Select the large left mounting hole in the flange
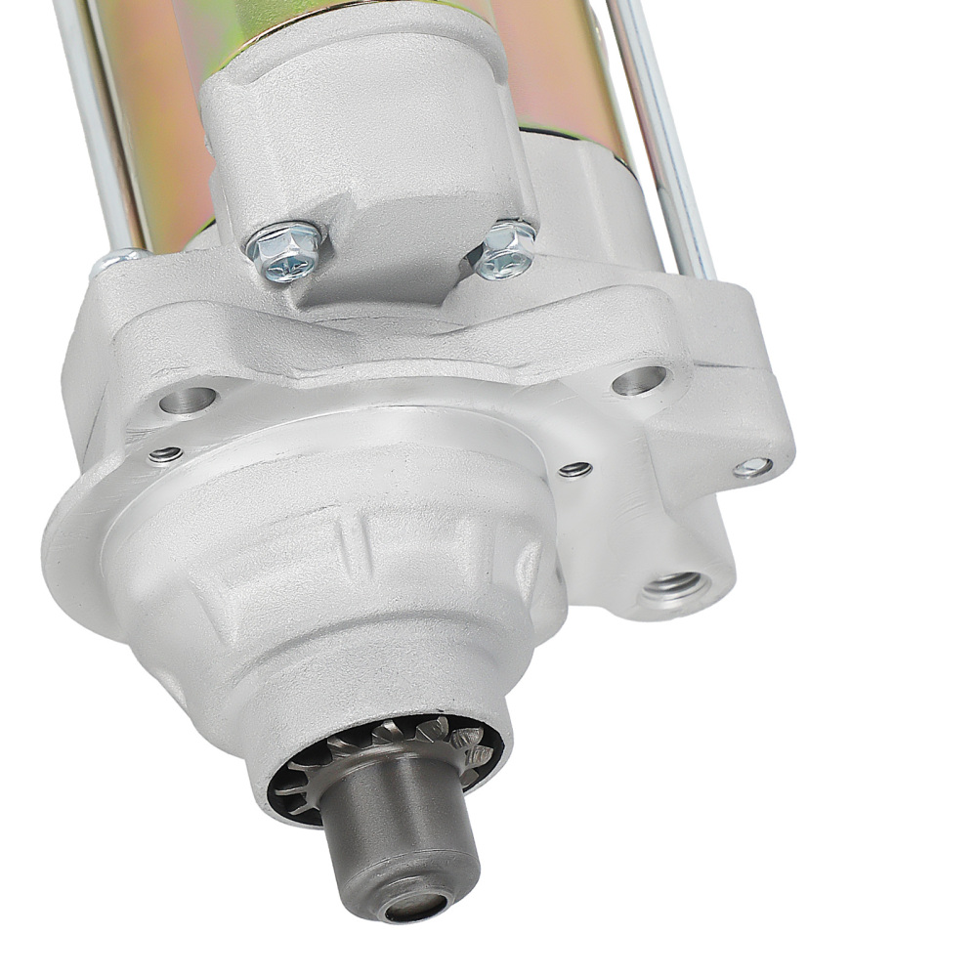coord(188,399)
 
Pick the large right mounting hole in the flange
coord(640,380)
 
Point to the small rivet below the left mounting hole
coord(165,454)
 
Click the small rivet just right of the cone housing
coord(575,469)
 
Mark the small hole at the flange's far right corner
coord(752,467)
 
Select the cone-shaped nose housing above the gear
coord(342,606)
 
